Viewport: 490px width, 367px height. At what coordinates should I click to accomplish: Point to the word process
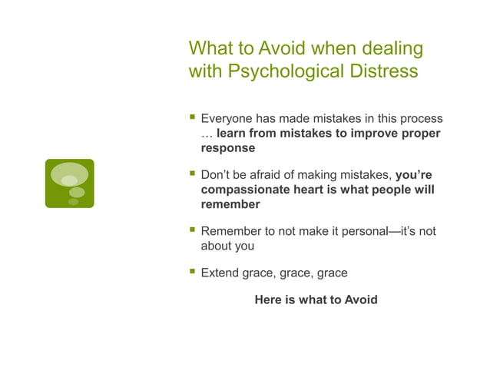pos(420,119)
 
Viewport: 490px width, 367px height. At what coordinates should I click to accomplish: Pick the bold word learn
pos(232,134)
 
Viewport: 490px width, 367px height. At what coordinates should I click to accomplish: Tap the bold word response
pos(227,148)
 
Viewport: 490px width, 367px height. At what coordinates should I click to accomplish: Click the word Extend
pos(220,273)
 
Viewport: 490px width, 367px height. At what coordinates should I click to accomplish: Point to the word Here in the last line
pos(267,299)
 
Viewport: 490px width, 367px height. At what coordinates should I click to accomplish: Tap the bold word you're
pos(413,175)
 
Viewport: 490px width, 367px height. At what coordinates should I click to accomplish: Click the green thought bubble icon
pos(69,183)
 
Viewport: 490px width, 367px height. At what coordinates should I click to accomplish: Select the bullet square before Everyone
pos(191,119)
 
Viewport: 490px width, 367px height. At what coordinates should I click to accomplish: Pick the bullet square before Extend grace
pos(191,272)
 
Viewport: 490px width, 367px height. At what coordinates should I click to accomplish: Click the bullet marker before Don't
pos(191,174)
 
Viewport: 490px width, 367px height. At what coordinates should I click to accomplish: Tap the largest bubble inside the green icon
pos(70,174)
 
